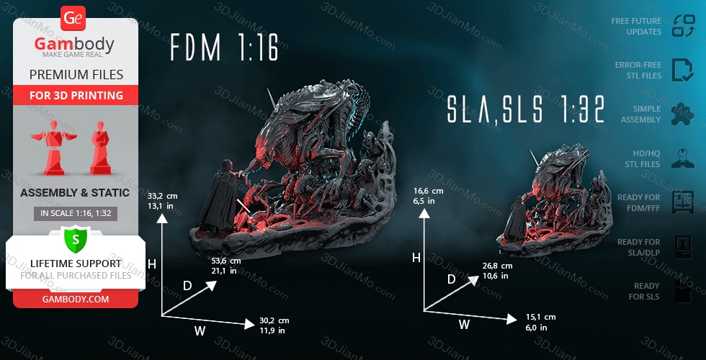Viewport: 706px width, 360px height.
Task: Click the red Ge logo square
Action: click(x=73, y=18)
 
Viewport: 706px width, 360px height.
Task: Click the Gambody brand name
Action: click(x=74, y=45)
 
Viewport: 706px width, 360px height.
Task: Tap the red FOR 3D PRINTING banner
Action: click(x=76, y=95)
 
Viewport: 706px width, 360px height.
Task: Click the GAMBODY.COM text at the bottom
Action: click(x=76, y=298)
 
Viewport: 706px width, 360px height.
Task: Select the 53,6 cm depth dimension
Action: click(x=226, y=265)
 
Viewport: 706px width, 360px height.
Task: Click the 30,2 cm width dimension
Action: click(x=274, y=325)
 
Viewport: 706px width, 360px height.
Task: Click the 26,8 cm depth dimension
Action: click(x=497, y=270)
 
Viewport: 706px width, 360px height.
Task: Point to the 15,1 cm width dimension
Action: click(x=540, y=321)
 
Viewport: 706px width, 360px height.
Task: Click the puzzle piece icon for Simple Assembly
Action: click(x=682, y=114)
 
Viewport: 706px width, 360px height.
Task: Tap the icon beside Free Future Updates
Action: click(x=682, y=26)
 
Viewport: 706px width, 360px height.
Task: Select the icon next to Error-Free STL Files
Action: click(x=682, y=70)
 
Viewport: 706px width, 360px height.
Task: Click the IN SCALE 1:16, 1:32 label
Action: click(x=76, y=214)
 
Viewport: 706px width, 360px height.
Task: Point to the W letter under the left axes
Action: click(x=200, y=330)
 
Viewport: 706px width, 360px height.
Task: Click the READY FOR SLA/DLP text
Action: click(x=638, y=247)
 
